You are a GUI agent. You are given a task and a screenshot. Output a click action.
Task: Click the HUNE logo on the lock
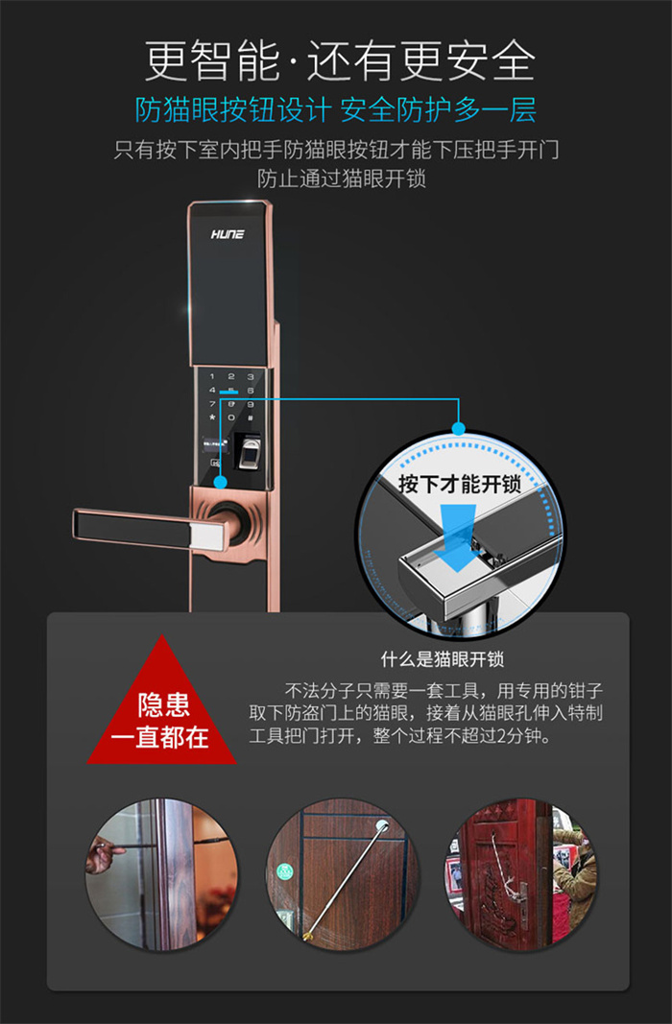(x=227, y=234)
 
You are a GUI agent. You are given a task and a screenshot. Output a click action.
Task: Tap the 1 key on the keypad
(x=211, y=377)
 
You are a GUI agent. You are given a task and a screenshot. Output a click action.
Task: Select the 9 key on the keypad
(x=251, y=404)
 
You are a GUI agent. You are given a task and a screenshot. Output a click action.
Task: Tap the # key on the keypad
(x=251, y=417)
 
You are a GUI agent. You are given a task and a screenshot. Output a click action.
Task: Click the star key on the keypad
(x=211, y=417)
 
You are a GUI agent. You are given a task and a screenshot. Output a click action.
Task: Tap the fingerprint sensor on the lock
(x=249, y=452)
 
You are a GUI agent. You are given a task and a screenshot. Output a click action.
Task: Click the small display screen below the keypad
(x=215, y=444)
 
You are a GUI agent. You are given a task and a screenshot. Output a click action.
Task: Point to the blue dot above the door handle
(x=220, y=482)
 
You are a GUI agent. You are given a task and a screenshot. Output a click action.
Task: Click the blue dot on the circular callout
(x=459, y=428)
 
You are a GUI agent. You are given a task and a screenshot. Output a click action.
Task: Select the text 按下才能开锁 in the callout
(x=459, y=484)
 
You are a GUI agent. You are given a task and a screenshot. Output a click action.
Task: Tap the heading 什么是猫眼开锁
(x=443, y=659)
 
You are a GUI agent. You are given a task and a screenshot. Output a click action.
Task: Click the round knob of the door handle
(x=231, y=519)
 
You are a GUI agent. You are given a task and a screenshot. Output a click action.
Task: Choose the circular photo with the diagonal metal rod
(x=342, y=873)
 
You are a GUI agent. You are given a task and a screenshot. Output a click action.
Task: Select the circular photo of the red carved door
(x=520, y=873)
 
